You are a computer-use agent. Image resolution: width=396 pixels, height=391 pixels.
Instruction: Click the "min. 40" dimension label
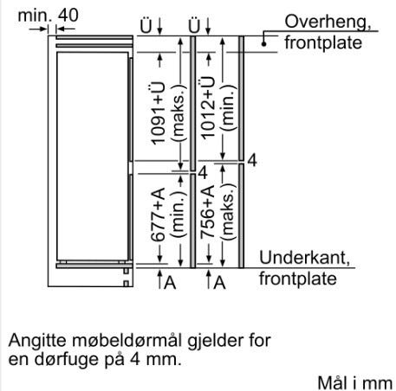pos(48,15)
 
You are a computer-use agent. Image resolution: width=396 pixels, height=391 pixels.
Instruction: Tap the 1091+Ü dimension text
pos(159,113)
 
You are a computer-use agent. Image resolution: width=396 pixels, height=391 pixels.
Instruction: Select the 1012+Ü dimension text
pos(208,107)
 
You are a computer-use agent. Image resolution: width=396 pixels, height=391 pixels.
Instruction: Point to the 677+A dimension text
pos(158,215)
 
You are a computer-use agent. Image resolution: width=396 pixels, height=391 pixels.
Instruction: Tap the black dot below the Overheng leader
pos(263,44)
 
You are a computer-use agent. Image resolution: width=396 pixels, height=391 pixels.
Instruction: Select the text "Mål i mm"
pos(355,383)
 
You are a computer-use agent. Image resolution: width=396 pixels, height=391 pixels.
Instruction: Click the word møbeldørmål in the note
pos(127,341)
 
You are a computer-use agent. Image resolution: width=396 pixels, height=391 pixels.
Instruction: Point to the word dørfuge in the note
pos(62,360)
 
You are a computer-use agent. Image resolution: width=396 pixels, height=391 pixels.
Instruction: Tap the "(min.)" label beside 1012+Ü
pos(228,107)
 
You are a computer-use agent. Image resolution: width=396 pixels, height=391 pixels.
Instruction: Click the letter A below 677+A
pos(170,282)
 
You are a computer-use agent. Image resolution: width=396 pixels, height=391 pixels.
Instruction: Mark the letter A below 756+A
pos(219,282)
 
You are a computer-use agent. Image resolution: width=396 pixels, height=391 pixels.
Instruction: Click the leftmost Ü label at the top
pos(146,26)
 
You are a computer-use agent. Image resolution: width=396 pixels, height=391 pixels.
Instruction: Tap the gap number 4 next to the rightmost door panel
pos(252,160)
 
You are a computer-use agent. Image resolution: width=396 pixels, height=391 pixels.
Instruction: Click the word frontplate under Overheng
pos(323,43)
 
